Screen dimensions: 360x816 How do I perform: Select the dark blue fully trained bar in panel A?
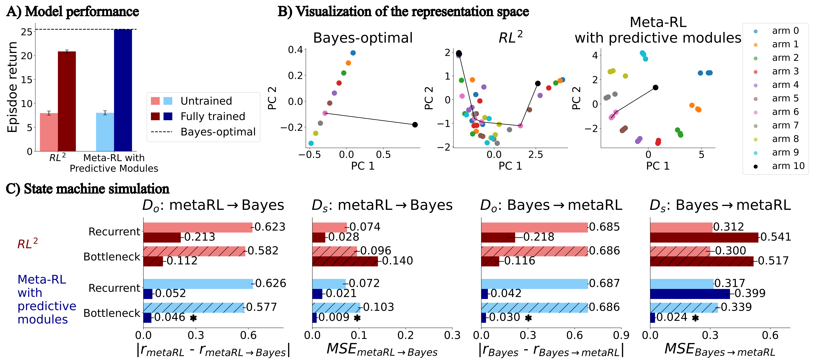coord(123,90)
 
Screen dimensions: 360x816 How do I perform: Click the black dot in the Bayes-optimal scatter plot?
coord(415,125)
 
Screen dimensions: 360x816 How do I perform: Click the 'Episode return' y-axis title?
coord(13,87)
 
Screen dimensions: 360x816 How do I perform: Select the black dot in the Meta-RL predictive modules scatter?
coord(655,87)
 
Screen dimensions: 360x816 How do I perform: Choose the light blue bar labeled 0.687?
coord(534,284)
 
